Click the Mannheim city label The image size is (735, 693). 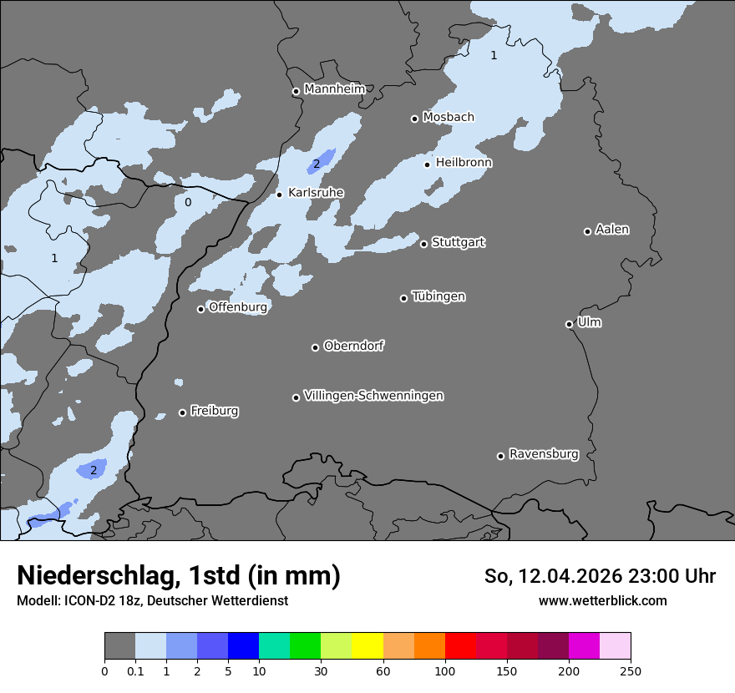pos(335,89)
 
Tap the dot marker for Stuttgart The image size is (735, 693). pos(424,244)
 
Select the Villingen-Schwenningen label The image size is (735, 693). pos(373,396)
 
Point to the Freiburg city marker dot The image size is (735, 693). pos(183,412)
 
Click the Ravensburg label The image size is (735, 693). pos(544,454)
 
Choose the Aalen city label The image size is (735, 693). pos(612,230)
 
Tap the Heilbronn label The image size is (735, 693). pos(464,163)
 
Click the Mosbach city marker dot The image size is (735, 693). pos(415,119)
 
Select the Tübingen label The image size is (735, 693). pos(438,296)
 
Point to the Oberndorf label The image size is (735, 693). pos(354,346)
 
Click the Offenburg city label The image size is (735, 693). pos(238,307)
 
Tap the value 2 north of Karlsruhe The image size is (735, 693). pos(317,164)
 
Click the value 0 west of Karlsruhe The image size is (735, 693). pos(188,202)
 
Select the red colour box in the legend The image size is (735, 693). pos(460,646)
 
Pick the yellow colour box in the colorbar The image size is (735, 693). pos(367,646)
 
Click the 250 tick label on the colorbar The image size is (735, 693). pos(631,670)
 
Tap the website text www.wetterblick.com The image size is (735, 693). pos(602,600)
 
